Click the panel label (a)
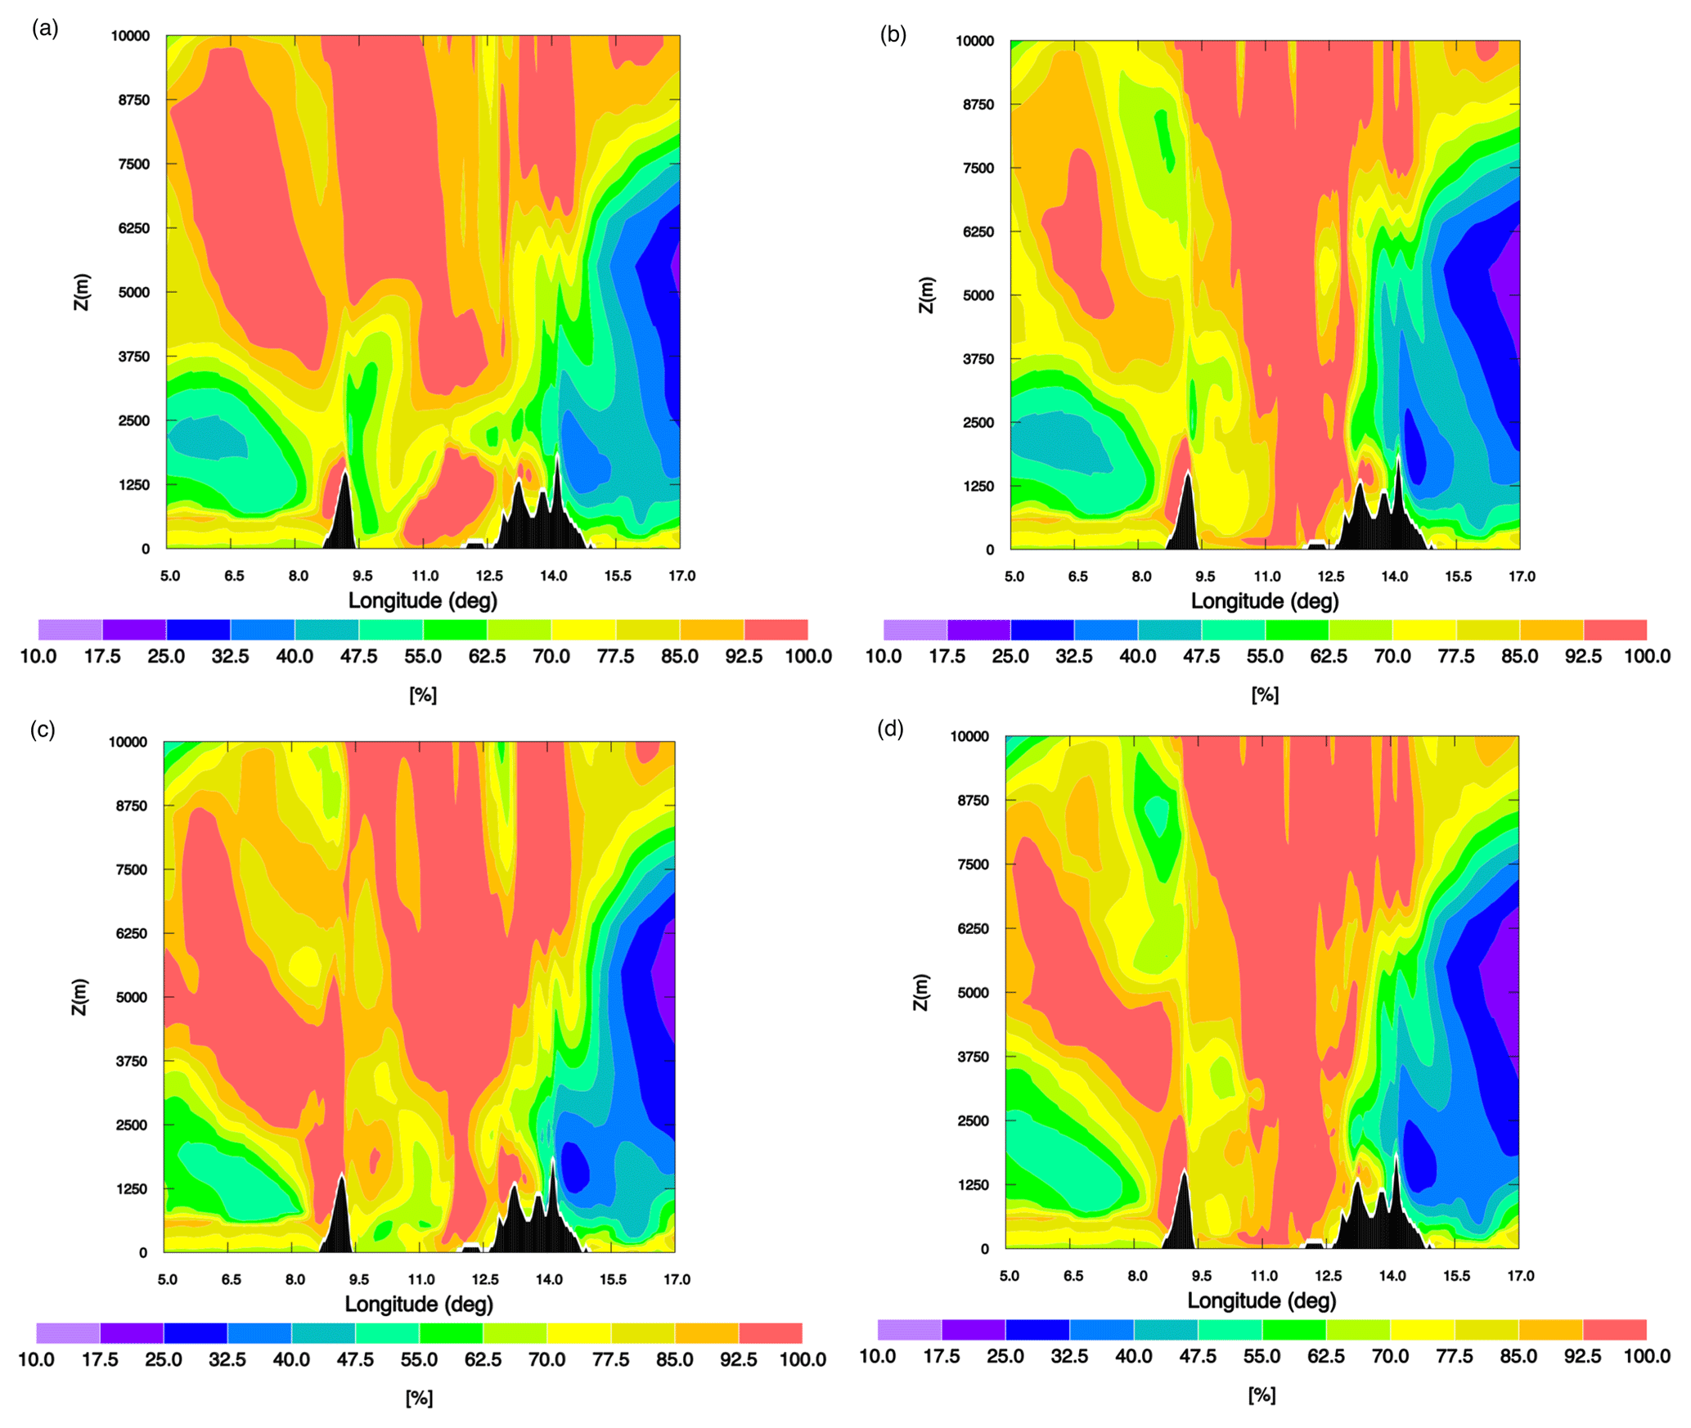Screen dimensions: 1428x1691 [x=45, y=29]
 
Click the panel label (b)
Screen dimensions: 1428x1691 [x=893, y=34]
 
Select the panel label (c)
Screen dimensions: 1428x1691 [x=43, y=730]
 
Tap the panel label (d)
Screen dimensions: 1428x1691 [x=890, y=728]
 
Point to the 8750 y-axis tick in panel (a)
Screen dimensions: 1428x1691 [x=134, y=100]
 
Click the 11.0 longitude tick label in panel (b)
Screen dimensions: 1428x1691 [x=1267, y=577]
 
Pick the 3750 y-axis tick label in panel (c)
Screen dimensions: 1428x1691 [x=131, y=1061]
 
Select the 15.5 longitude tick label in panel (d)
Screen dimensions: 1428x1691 [x=1456, y=1276]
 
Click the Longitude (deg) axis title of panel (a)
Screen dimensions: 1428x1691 [x=423, y=601]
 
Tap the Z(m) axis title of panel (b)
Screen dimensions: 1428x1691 [x=925, y=294]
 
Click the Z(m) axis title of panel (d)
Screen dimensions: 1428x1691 [x=920, y=992]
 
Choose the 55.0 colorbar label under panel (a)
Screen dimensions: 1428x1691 [x=423, y=657]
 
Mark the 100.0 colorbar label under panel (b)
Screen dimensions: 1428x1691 [x=1647, y=657]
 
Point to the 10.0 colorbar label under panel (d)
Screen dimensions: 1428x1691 [x=877, y=1356]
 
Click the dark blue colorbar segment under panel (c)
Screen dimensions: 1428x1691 [x=196, y=1333]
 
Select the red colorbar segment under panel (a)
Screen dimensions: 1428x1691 [x=776, y=630]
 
